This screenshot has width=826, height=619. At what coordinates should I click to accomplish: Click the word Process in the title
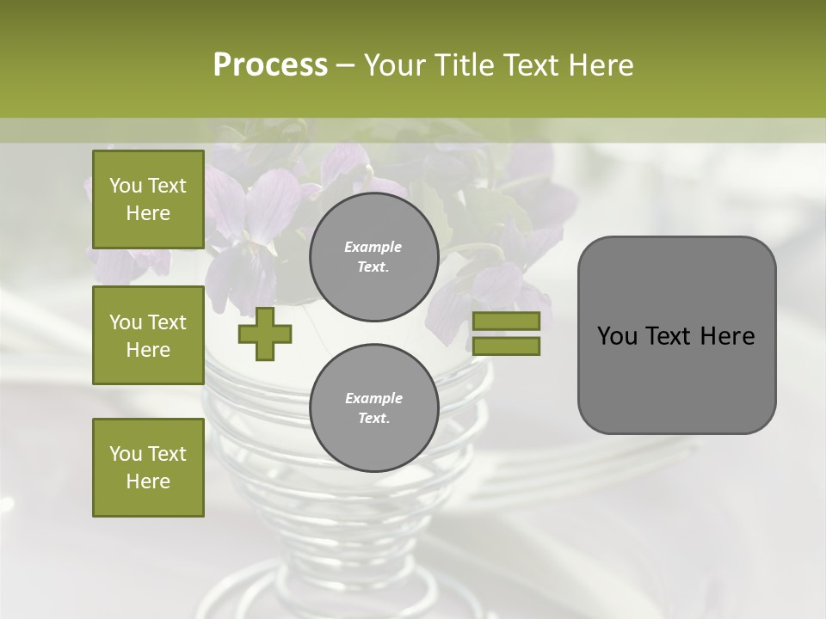(270, 65)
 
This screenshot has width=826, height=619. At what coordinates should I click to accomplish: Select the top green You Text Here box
(148, 199)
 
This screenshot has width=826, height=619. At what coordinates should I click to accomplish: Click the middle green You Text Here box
(148, 335)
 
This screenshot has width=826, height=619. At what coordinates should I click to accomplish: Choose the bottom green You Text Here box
(148, 468)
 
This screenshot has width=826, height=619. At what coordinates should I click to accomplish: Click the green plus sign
(265, 334)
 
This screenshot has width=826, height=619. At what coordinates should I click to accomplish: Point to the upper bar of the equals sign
(506, 321)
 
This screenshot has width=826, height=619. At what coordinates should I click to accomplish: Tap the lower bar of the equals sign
(506, 346)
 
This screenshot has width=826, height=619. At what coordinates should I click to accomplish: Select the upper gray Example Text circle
(373, 256)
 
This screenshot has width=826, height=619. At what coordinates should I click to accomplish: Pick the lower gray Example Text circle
(373, 408)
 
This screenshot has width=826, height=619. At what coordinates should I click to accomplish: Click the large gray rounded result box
(676, 335)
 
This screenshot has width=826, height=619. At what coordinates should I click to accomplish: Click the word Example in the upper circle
(373, 247)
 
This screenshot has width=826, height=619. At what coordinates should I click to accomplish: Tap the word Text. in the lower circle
(373, 419)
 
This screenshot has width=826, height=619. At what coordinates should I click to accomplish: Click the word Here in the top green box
(148, 213)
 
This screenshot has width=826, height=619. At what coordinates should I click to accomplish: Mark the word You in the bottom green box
(126, 454)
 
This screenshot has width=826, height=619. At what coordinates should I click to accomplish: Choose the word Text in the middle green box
(166, 322)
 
